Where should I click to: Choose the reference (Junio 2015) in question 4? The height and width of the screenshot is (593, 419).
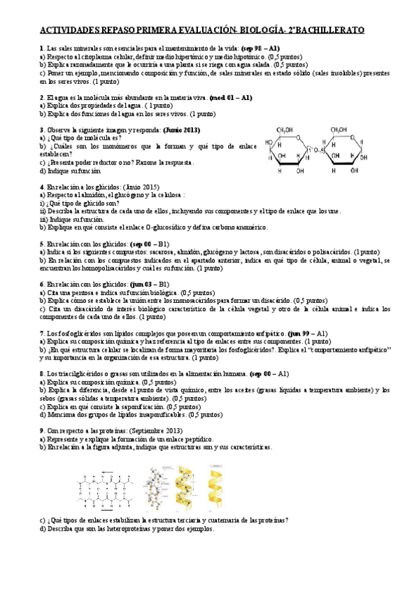pyautogui.click(x=141, y=187)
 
